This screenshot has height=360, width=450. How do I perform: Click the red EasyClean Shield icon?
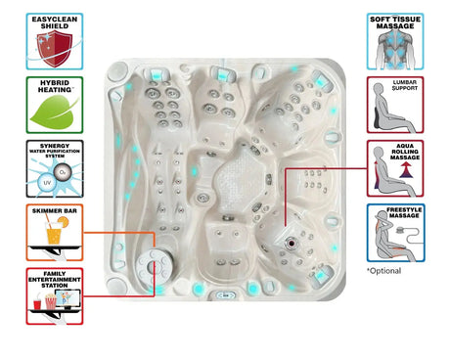point(55,46)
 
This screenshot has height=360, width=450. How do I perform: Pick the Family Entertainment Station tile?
point(55,295)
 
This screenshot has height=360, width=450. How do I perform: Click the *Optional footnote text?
point(383,270)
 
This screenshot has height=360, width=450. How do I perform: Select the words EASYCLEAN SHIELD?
point(55,22)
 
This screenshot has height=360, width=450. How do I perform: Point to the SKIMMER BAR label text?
point(55,210)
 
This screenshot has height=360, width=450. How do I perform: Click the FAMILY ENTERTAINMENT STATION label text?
point(55,277)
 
